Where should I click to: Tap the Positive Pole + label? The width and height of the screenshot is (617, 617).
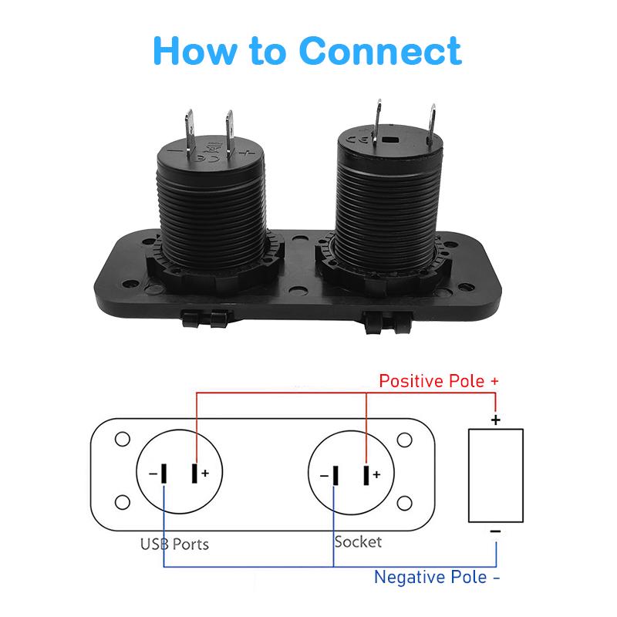point(439,382)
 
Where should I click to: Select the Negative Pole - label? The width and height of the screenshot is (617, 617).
point(431,577)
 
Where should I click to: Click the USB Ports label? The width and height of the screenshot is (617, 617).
point(174,544)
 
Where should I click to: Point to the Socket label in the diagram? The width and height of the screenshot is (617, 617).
point(357,541)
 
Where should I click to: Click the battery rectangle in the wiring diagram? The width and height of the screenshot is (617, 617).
point(496,475)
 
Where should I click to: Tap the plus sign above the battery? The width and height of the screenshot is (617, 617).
point(496,420)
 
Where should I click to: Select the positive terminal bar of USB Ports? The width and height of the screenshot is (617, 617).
point(195,474)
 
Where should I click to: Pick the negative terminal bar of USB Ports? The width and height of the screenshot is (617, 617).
point(164,474)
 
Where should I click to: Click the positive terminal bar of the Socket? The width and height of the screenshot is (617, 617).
point(366,474)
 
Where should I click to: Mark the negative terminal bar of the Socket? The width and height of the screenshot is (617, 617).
point(335,474)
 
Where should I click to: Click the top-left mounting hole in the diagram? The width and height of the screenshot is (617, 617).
point(121,440)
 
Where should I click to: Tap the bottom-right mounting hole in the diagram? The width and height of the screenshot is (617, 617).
point(403,504)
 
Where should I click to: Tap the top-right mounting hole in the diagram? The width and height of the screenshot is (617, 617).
point(403,440)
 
